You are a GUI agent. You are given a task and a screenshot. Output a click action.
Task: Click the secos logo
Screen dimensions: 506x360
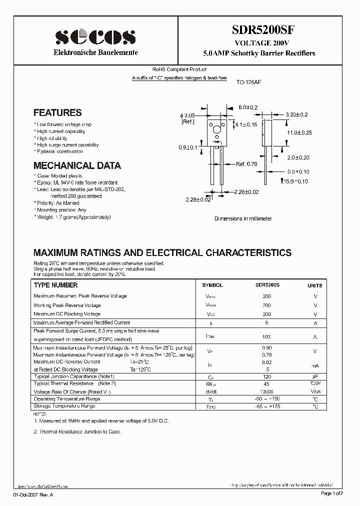(95, 36)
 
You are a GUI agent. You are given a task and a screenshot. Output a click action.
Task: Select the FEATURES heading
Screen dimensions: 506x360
(57, 113)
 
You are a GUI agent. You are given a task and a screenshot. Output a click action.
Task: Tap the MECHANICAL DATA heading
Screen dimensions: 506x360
(77, 165)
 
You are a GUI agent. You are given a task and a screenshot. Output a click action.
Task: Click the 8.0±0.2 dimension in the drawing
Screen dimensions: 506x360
(247, 107)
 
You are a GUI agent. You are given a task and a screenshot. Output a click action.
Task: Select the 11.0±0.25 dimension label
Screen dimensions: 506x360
(299, 133)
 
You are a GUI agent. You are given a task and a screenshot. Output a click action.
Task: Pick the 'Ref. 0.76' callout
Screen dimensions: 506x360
(246, 163)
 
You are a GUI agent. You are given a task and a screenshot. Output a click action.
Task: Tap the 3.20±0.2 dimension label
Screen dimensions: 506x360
(297, 114)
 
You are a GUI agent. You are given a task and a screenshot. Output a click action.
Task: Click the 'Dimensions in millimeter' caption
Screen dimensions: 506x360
(243, 219)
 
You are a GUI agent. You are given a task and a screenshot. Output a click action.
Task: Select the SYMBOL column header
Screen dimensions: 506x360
(212, 285)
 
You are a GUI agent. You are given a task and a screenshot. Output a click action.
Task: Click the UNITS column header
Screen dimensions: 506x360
(314, 285)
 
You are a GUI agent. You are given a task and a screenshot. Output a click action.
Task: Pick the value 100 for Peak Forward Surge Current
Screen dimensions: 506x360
(266, 337)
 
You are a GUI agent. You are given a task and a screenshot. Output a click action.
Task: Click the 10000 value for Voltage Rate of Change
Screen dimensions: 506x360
(266, 391)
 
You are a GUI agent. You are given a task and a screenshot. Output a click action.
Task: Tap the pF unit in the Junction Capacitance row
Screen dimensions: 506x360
(315, 376)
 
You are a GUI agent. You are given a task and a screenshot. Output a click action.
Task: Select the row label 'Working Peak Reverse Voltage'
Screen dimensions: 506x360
(67, 305)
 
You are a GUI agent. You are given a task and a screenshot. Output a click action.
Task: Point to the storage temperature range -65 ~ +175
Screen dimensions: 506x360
(267, 406)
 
